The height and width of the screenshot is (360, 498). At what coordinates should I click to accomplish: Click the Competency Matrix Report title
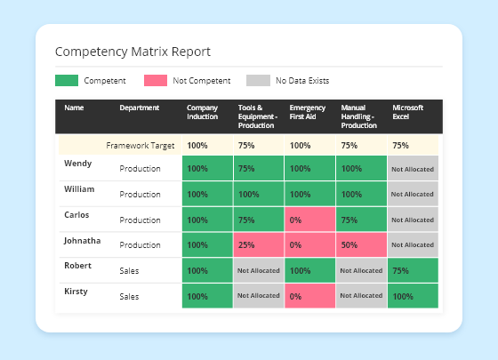tap(133, 52)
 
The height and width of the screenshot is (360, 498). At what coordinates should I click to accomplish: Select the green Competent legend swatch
tap(67, 81)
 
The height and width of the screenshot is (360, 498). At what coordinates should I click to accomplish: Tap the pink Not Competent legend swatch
tap(155, 81)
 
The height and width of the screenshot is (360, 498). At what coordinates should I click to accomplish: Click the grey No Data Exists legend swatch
tap(257, 81)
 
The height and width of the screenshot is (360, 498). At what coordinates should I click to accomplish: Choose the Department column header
tap(140, 108)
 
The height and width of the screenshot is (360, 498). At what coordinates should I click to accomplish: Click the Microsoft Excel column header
tap(408, 112)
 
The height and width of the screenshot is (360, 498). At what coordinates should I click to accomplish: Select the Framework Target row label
tap(140, 145)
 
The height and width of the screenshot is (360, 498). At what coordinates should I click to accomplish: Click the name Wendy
tap(78, 164)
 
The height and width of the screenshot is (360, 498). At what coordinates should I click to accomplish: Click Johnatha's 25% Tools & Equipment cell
tap(258, 244)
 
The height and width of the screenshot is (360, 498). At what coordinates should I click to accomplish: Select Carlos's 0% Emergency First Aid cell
tap(309, 220)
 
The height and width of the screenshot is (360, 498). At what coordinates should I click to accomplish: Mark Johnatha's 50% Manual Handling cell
tap(361, 244)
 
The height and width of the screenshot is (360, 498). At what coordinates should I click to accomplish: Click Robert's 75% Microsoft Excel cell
tap(413, 270)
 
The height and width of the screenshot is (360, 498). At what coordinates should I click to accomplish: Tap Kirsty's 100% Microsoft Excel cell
tap(413, 296)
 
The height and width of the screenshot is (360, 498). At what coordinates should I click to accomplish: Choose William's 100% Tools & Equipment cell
tap(258, 194)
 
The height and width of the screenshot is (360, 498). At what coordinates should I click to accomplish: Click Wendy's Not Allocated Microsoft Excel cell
tap(413, 169)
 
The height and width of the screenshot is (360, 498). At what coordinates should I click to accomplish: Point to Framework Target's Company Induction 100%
tap(206, 145)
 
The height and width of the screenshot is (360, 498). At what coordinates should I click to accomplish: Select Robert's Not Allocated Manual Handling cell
tap(361, 270)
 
